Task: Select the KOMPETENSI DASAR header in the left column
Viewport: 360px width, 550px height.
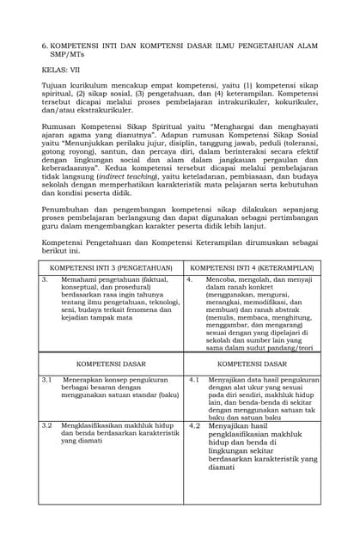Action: coord(111,364)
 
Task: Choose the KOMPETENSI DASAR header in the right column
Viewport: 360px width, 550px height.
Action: coord(251,364)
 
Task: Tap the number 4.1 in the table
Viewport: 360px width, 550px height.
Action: coord(193,379)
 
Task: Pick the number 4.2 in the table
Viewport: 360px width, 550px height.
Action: coord(193,425)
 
